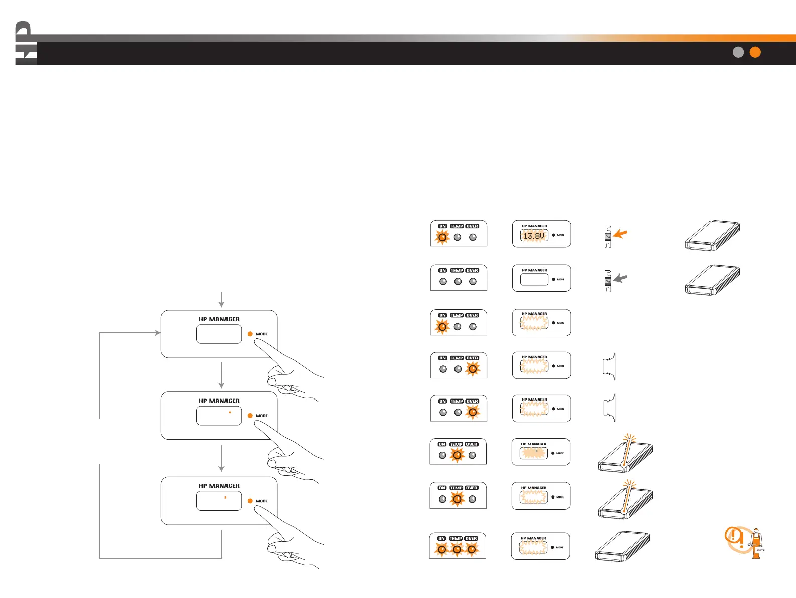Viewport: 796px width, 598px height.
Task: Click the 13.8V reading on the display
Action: click(x=534, y=235)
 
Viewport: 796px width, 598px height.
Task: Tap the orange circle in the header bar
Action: click(x=755, y=52)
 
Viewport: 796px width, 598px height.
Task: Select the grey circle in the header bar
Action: click(x=738, y=52)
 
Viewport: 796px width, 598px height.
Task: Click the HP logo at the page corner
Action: click(x=25, y=44)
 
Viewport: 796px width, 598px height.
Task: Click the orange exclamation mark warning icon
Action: click(x=735, y=538)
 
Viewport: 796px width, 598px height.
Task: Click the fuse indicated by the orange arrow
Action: click(x=608, y=237)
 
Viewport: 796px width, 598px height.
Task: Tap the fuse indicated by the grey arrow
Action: click(x=608, y=281)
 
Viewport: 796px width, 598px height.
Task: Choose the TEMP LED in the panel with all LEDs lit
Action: click(x=457, y=550)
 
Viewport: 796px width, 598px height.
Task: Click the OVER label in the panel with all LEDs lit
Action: click(x=471, y=538)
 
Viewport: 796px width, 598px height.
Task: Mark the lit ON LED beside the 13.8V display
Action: click(x=442, y=237)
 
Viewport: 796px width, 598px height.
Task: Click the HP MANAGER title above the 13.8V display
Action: click(x=534, y=226)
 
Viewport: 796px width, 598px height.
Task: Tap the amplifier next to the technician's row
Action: click(x=622, y=546)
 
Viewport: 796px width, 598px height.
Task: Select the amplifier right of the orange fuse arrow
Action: click(x=712, y=235)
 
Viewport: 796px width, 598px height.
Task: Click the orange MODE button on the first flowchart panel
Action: click(x=250, y=334)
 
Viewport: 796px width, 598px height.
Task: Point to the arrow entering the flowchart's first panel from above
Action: click(x=221, y=300)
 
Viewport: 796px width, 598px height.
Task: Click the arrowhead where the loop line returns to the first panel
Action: click(x=158, y=333)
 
